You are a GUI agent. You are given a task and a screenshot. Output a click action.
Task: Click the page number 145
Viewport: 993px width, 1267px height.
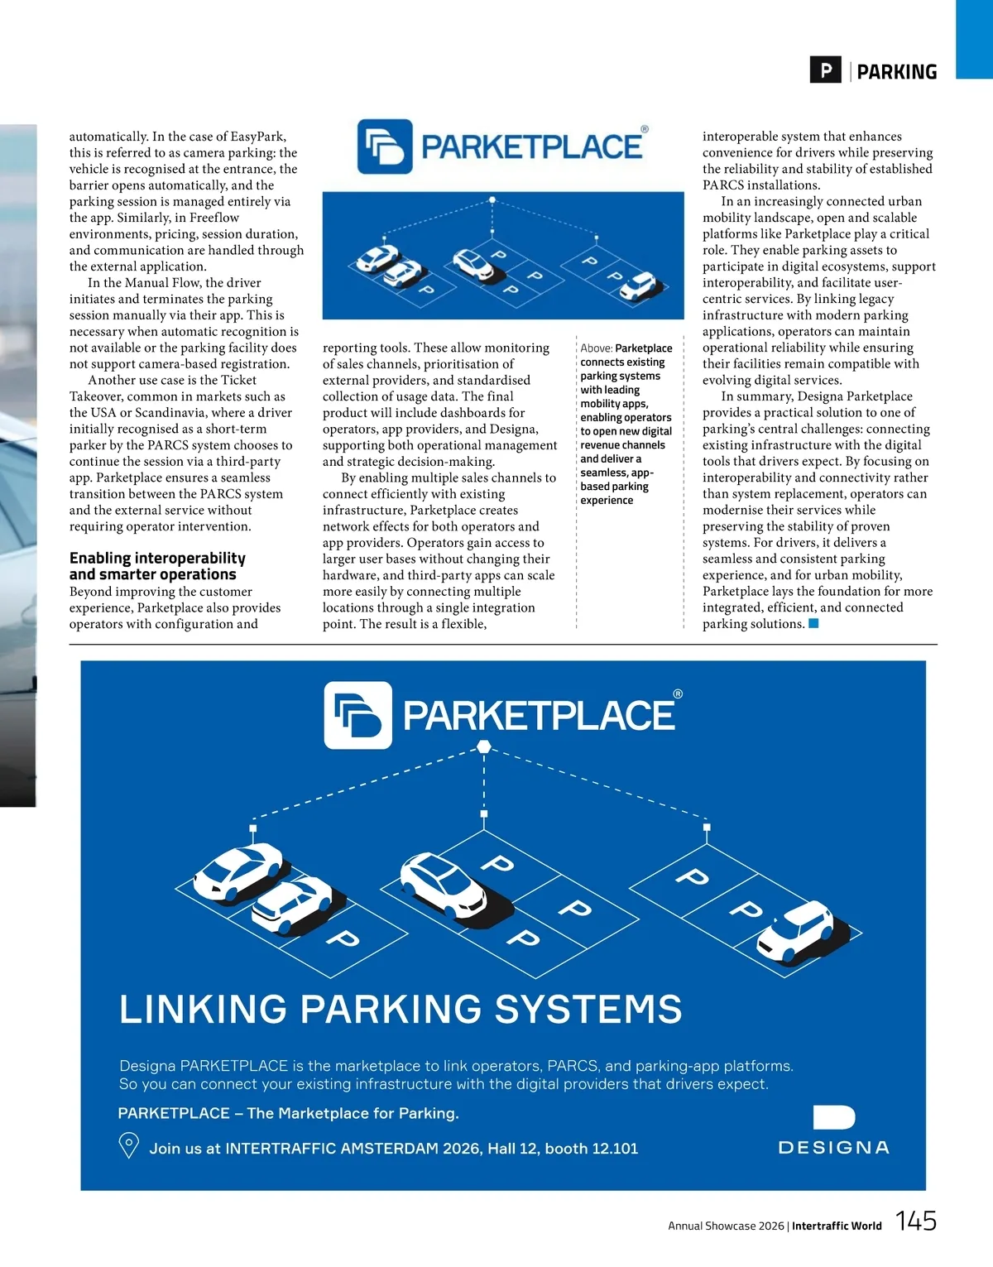coord(916,1221)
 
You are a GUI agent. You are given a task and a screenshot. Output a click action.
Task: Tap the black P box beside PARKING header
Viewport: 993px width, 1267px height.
coord(825,70)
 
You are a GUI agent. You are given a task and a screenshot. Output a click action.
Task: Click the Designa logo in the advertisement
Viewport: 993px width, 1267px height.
coord(834,1130)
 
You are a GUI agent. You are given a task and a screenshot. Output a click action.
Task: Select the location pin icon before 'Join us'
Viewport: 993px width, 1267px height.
coord(129,1145)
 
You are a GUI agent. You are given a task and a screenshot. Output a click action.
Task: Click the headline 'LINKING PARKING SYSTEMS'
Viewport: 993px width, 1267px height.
coord(401,1010)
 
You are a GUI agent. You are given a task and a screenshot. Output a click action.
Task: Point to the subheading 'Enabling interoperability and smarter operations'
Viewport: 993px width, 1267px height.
coord(157,566)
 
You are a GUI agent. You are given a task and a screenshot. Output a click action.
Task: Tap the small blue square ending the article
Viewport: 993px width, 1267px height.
coord(813,623)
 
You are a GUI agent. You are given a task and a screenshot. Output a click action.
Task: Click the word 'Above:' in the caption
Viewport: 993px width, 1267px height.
coord(596,348)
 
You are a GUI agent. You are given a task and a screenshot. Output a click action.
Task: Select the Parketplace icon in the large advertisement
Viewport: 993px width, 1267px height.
coord(357,715)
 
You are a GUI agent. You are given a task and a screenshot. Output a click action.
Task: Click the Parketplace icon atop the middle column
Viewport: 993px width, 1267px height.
coord(384,146)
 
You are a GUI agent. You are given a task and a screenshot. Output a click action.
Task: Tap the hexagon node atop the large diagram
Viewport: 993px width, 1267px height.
coord(484,747)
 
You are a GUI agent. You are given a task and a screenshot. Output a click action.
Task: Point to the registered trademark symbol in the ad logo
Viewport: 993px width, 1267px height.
coord(678,694)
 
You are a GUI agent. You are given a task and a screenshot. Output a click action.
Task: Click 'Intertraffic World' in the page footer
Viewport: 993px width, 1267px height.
coord(837,1226)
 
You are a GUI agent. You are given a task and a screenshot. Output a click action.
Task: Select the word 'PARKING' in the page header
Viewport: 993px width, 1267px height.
coord(897,72)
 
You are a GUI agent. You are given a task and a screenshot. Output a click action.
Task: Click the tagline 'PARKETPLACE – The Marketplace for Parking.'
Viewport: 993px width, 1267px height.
coord(288,1113)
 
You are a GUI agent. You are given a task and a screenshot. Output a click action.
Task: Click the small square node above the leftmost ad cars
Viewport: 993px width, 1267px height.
coord(253,828)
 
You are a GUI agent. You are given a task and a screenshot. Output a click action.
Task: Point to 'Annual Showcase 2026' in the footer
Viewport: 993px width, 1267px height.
coord(726,1226)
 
